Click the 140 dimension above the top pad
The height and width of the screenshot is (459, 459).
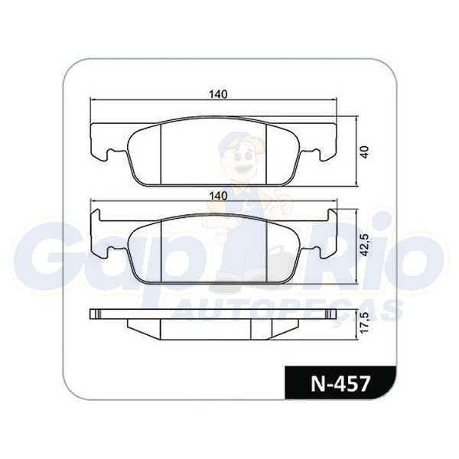[x=218, y=94]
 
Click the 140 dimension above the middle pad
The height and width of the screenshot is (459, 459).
[x=218, y=196]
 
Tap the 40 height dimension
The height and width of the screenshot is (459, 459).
[x=365, y=152]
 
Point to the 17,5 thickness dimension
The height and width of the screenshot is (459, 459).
[x=365, y=321]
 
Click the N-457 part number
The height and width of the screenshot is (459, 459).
[x=340, y=384]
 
